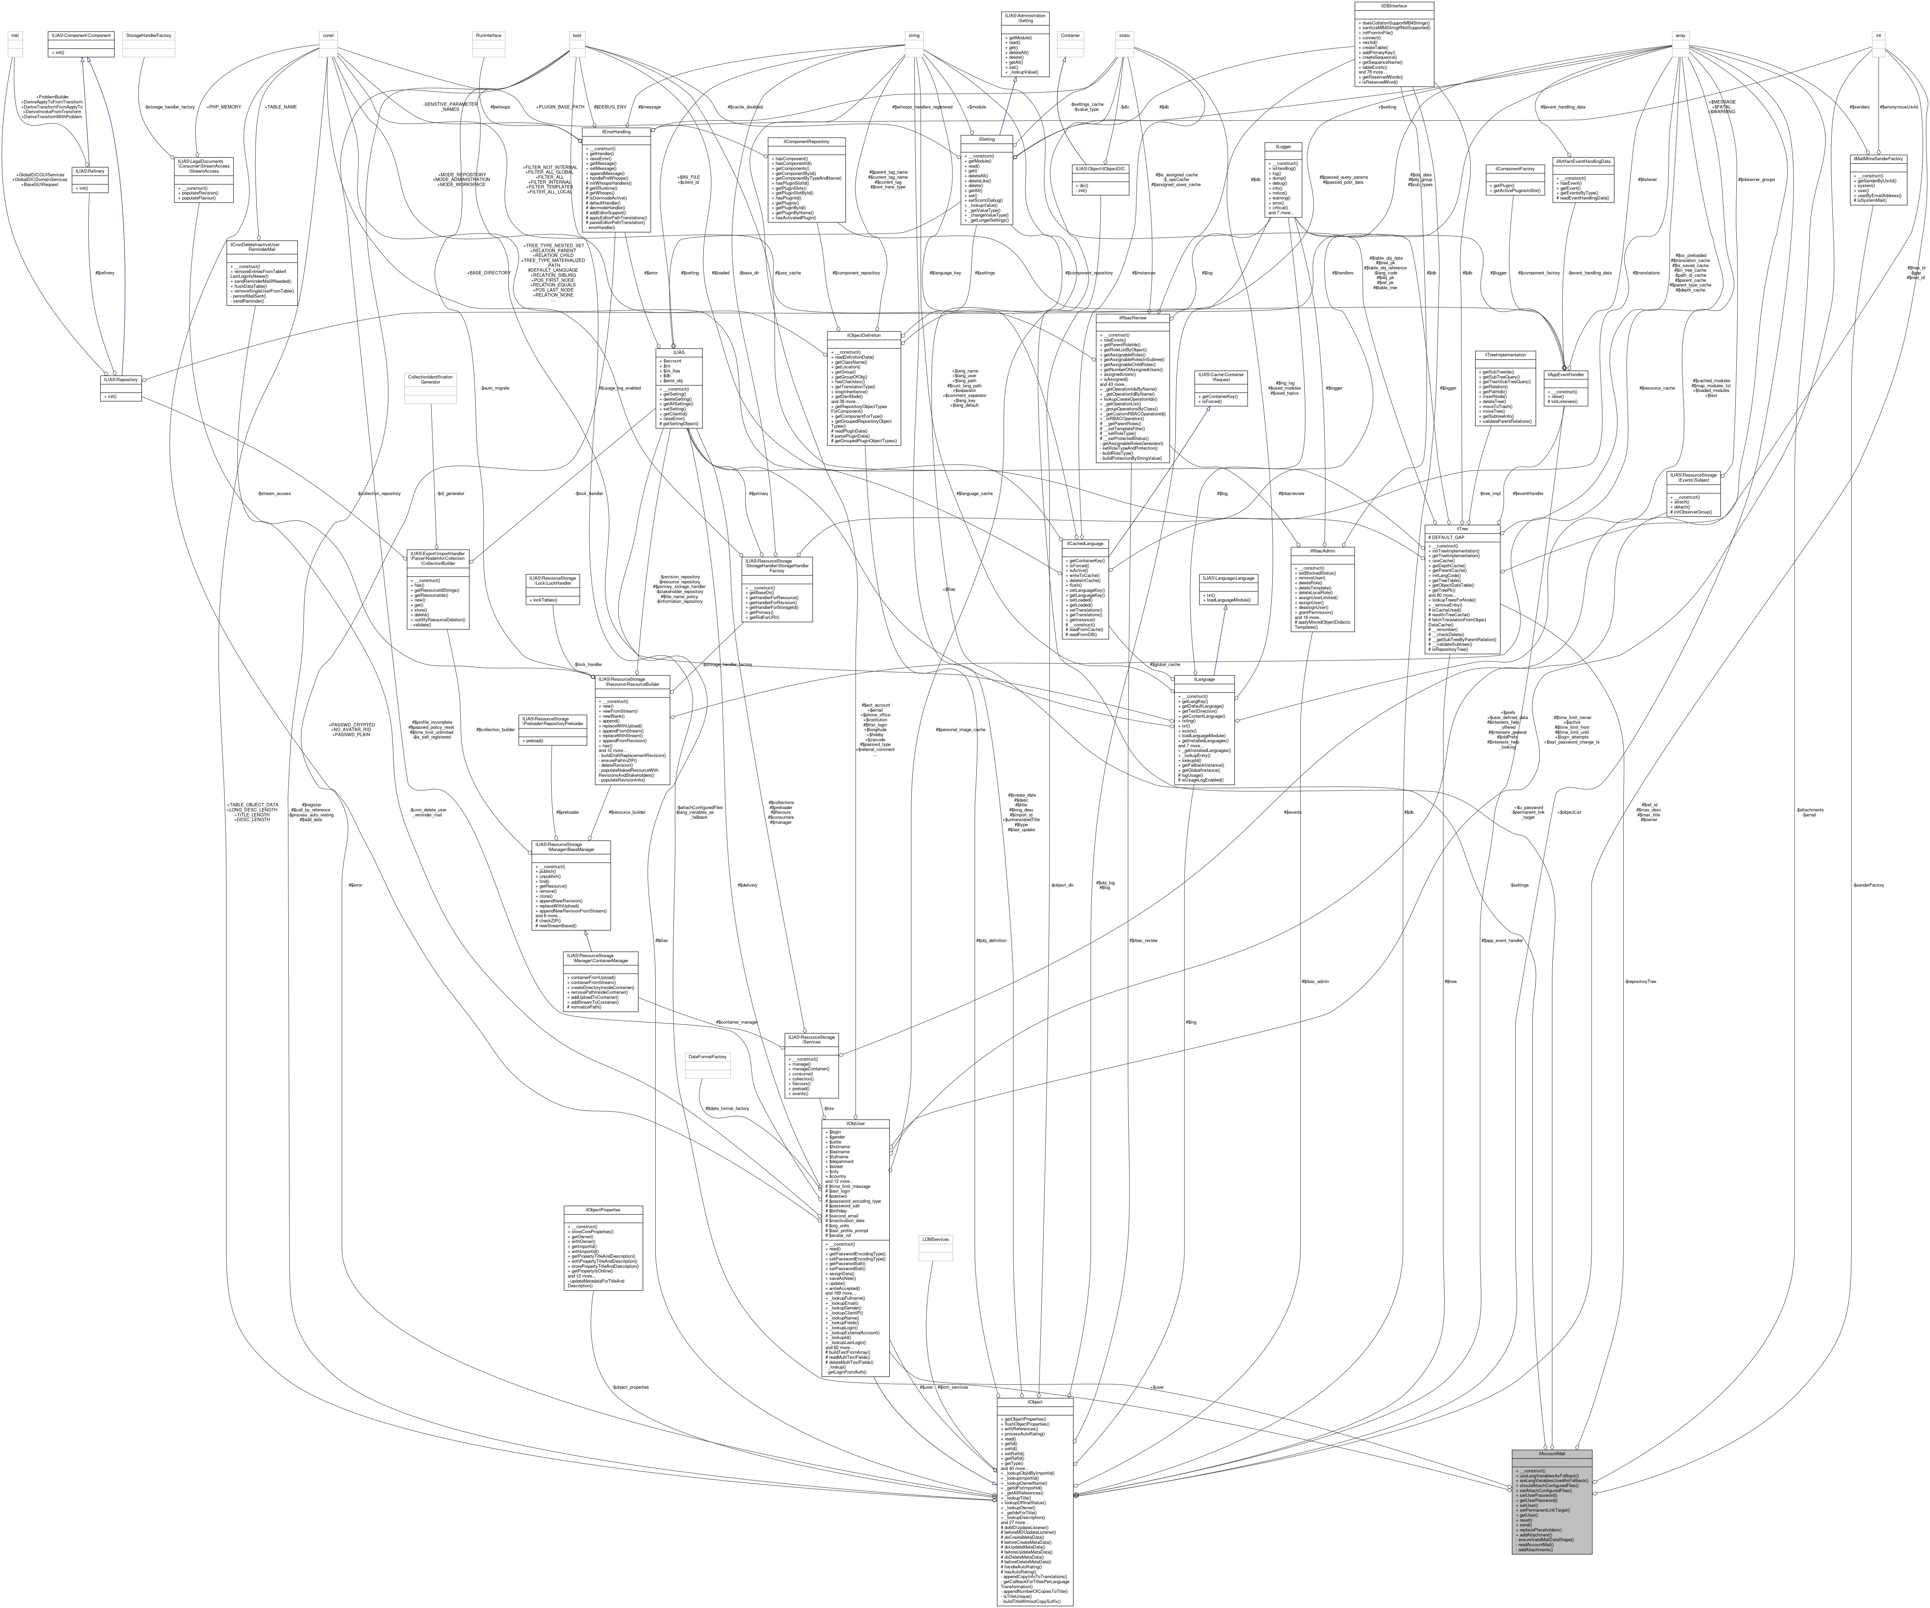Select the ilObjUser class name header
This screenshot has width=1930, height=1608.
[x=855, y=1123]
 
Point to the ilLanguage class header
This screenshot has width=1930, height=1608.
[x=1204, y=679]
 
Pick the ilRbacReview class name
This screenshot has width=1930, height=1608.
[x=1132, y=317]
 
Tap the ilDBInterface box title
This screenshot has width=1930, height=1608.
[x=1393, y=5]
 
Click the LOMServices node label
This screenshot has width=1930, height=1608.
[x=935, y=1240]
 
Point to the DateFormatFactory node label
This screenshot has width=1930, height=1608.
[x=707, y=1057]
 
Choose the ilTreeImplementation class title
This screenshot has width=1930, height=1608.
[x=1504, y=355]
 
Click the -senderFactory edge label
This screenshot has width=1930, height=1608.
[x=1869, y=885]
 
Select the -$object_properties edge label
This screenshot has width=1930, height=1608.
[x=631, y=1387]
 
